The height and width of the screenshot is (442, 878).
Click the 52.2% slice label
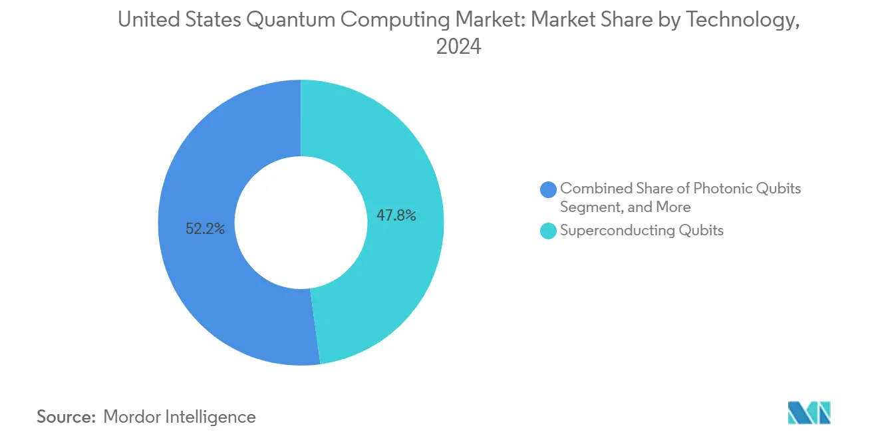coord(206,229)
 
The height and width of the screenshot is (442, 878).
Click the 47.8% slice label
coord(396,215)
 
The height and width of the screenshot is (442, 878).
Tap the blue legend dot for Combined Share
coord(549,189)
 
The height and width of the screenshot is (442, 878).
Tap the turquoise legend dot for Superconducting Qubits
coord(549,231)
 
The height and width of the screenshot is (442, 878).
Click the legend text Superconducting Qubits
coord(641,231)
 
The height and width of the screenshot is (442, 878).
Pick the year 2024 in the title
coord(458,47)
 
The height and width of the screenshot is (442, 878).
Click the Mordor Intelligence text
coord(180,417)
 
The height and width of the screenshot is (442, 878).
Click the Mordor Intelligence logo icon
coord(809,413)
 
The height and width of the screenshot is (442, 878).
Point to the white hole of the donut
coord(301,223)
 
